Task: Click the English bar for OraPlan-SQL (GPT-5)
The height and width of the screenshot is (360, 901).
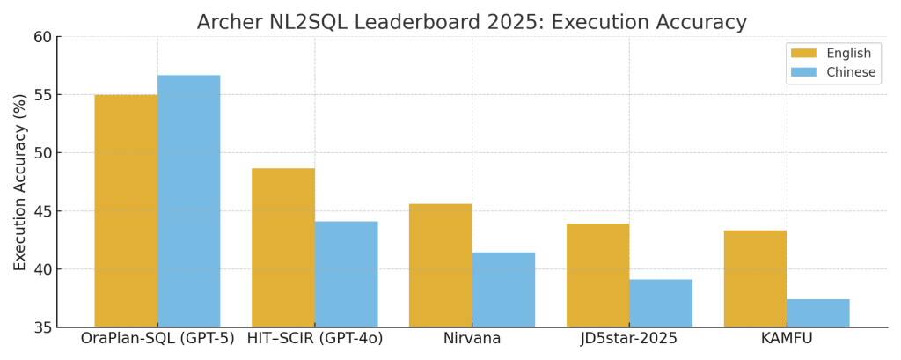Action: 126,210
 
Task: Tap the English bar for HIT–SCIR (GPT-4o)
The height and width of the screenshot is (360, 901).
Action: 283,247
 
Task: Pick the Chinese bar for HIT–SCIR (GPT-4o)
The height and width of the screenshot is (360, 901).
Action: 346,274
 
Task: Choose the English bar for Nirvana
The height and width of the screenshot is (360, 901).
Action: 440,265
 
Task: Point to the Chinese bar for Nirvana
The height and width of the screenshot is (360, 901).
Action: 503,290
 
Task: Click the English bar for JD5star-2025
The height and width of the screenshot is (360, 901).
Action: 597,275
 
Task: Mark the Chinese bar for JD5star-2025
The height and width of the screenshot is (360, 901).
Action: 661,303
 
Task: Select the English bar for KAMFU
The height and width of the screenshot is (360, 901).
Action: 755,278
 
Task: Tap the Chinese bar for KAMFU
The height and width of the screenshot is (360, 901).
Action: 818,312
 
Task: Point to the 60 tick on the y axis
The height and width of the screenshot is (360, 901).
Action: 41,37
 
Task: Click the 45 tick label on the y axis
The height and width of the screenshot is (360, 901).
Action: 41,211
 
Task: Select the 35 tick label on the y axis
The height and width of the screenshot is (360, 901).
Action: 41,327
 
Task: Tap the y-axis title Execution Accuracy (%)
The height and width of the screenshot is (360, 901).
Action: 19,182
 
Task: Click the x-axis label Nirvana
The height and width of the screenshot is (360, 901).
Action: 472,339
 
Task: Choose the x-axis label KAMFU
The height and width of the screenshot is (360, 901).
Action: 787,339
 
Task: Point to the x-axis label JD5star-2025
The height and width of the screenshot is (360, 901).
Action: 629,339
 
